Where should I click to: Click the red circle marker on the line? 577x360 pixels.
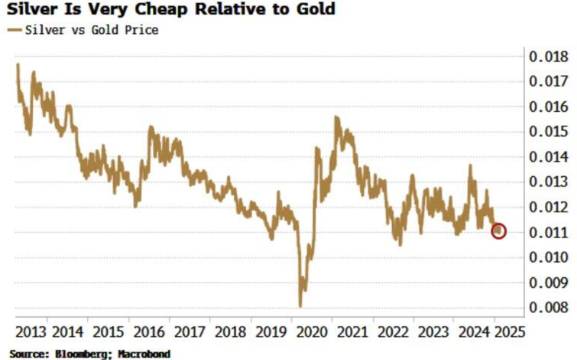(499, 231)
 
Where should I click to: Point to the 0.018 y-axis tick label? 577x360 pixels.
(547, 57)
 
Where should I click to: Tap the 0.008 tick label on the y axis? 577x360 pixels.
(547, 308)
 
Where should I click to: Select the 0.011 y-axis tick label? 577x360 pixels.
(547, 232)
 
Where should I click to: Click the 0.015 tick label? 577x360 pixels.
(547, 132)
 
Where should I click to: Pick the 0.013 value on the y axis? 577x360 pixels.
(547, 182)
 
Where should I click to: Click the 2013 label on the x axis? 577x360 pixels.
(31, 330)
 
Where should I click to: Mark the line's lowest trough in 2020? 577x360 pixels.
(300, 306)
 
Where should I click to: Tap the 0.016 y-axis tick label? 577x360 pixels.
(547, 107)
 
